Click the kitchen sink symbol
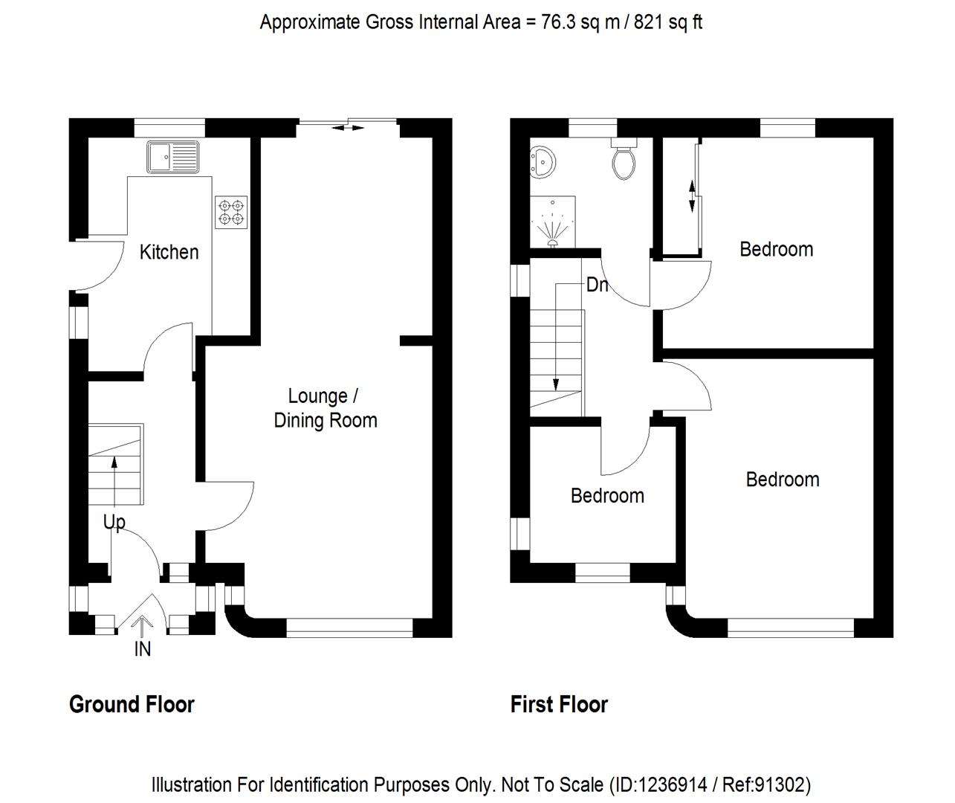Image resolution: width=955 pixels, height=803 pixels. [x=173, y=157]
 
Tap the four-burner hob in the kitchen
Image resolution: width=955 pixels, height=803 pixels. [x=231, y=212]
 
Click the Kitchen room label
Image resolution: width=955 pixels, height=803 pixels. [x=169, y=252]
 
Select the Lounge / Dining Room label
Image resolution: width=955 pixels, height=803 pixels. [x=325, y=408]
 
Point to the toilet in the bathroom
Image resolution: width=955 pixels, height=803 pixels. [x=624, y=160]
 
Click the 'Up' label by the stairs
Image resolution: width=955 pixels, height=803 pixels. [x=114, y=523]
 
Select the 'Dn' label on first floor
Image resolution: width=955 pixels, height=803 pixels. [x=597, y=285]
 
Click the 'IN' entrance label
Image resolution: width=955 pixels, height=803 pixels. [x=142, y=649]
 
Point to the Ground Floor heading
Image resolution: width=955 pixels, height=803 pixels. [x=132, y=704]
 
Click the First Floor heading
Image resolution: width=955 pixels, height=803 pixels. [x=559, y=704]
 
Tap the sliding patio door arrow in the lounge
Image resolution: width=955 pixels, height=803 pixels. [x=348, y=129]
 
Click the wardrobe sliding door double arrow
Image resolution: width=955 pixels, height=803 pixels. [x=692, y=196]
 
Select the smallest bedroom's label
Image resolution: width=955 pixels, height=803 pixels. [x=607, y=496]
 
